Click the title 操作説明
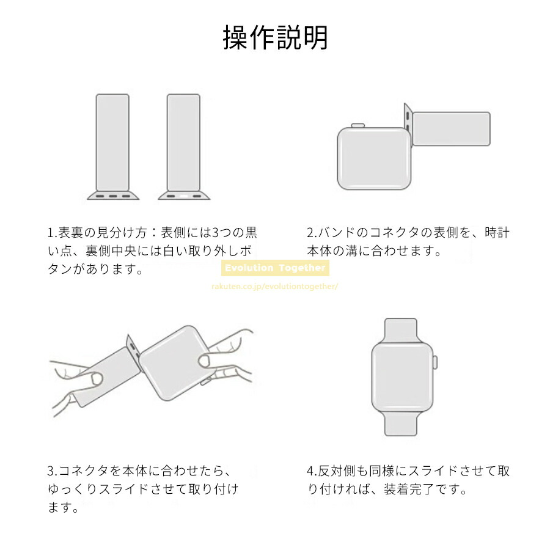click(x=276, y=37)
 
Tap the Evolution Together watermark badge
click(x=276, y=268)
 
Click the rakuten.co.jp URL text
click(x=274, y=286)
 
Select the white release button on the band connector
click(x=184, y=196)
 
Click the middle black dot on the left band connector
click(x=112, y=196)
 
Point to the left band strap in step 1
click(x=112, y=142)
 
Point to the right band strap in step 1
click(x=183, y=142)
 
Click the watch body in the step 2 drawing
click(x=374, y=158)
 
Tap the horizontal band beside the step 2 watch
click(x=451, y=129)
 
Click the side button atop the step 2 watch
click(x=358, y=125)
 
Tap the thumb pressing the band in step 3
click(x=95, y=378)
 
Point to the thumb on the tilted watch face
click(x=205, y=360)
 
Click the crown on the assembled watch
click(x=435, y=362)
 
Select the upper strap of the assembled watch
click(x=401, y=331)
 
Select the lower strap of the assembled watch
click(x=401, y=424)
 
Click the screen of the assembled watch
click(x=402, y=377)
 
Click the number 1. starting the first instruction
click(x=53, y=233)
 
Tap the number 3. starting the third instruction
click(x=53, y=471)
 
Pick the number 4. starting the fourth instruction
click(x=312, y=471)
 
